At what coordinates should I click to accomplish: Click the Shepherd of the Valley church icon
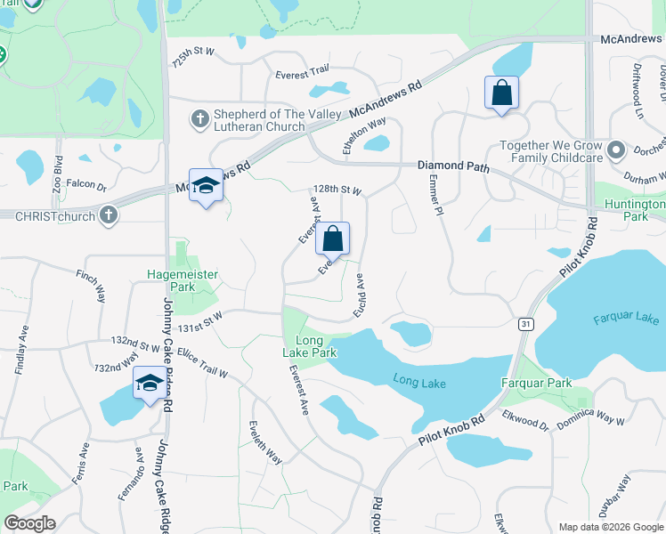point(200,118)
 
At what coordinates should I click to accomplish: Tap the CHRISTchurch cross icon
point(108,214)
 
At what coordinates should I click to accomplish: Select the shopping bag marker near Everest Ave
point(332,239)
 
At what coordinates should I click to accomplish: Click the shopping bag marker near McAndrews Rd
point(501,93)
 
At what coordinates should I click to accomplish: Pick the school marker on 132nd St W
point(149,384)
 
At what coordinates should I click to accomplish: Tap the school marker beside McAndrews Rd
point(206,185)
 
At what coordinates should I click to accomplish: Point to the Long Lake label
point(418,382)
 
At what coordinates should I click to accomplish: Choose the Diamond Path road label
point(455,166)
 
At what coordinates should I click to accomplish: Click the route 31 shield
point(526,325)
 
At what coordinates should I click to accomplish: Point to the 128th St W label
point(337,190)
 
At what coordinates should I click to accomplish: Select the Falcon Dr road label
point(86,185)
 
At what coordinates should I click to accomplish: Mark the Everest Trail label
point(303,74)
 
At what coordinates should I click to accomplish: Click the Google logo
point(30,523)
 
